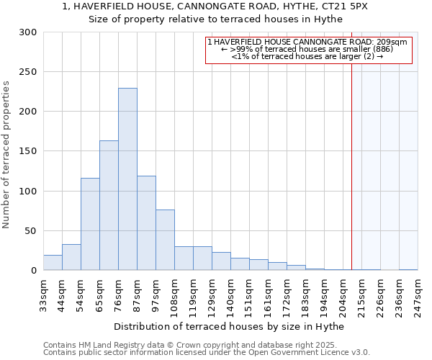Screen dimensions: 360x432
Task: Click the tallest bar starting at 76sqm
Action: tap(127, 179)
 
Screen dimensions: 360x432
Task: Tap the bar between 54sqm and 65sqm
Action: tap(90, 224)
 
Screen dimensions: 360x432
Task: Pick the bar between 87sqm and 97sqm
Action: tap(146, 223)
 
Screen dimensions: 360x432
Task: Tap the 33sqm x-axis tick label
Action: tap(43, 293)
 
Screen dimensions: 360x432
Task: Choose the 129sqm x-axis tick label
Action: tap(212, 293)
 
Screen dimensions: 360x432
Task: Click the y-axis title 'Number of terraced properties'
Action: tap(7, 155)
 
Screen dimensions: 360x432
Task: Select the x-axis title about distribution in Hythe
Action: tap(229, 326)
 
